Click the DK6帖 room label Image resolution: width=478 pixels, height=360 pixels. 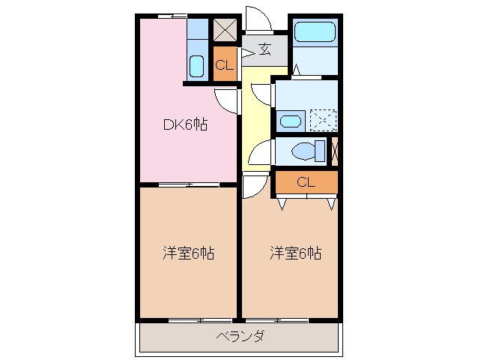click(x=186, y=125)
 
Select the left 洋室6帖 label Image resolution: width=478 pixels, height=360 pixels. click(x=189, y=253)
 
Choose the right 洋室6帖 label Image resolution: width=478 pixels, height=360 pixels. click(x=295, y=253)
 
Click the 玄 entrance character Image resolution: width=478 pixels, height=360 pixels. click(x=265, y=50)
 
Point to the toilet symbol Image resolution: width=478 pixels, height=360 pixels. click(x=307, y=151)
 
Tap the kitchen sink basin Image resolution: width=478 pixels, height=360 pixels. click(x=196, y=66)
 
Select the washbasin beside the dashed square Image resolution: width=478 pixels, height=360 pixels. click(x=291, y=120)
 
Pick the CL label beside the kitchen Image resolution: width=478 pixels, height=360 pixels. click(x=225, y=64)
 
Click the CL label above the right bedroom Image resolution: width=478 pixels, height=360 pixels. click(x=305, y=181)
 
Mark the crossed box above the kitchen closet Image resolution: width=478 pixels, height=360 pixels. click(x=225, y=28)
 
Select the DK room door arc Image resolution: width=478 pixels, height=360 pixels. click(x=226, y=99)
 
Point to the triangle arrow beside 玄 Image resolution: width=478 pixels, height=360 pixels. click(x=247, y=52)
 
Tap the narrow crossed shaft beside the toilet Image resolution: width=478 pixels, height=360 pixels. click(x=334, y=151)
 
